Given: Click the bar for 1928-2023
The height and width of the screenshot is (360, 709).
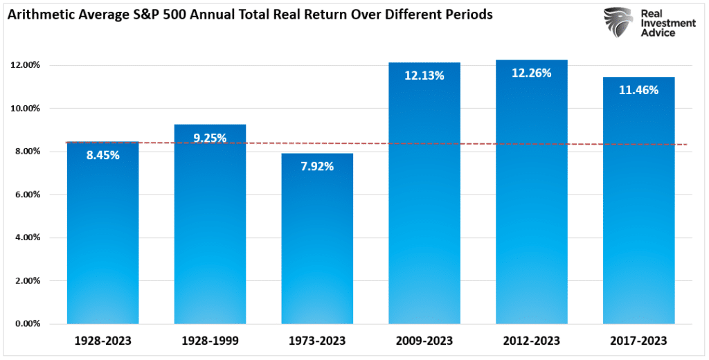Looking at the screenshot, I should coord(102,235).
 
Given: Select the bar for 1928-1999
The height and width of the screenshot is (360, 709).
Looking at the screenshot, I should coord(210,228).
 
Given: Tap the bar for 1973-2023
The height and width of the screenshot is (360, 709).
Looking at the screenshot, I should coord(317,242).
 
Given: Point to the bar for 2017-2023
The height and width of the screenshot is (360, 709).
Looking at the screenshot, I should coord(638,208).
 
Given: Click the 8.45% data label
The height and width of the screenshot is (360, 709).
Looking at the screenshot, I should coord(102,155).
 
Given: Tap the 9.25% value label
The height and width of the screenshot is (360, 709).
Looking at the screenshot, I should coord(210,138).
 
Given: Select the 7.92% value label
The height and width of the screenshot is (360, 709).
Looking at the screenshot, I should coord(317,166).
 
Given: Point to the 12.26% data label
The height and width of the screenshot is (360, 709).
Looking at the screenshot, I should coord(531,73).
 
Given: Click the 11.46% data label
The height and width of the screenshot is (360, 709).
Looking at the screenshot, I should coord(638,90).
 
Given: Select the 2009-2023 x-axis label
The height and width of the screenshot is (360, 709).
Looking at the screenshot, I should coord(424,341).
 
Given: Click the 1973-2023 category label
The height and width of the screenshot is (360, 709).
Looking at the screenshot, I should coord(317,341).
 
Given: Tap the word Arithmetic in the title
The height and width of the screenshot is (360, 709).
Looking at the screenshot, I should coord(40,15).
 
